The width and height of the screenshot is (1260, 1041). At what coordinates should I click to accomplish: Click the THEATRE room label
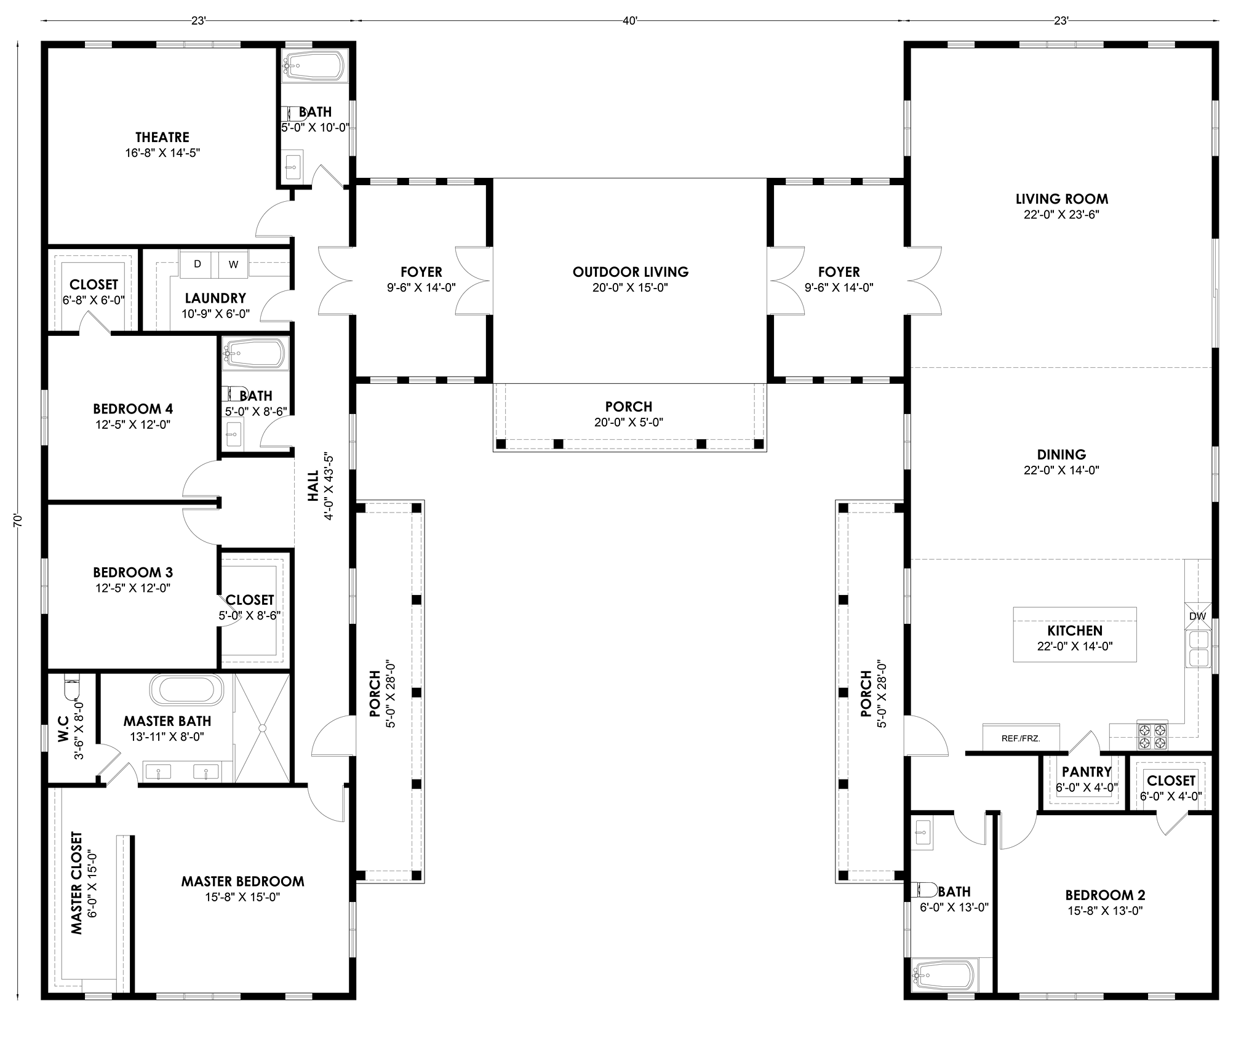point(162,137)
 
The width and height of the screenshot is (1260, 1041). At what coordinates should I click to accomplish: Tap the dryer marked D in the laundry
point(197,265)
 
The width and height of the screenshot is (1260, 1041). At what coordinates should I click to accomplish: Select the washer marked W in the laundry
point(233,265)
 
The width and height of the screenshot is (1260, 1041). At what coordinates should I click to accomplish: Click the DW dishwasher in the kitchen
point(1197,616)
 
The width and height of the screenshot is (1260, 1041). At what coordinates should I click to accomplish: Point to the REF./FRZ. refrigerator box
point(1021,738)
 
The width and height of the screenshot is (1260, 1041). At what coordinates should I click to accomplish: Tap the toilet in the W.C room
point(72,687)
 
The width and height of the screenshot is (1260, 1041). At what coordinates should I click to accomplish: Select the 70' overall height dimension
point(18,520)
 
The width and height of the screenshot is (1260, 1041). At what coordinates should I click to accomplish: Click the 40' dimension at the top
point(629,21)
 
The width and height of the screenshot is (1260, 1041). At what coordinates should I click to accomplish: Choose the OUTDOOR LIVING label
point(631,272)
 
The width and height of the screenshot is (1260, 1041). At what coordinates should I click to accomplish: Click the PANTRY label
point(1087,772)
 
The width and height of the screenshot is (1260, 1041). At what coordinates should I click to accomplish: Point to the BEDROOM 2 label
point(1105,895)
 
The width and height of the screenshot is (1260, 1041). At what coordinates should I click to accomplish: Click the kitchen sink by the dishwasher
point(1198,649)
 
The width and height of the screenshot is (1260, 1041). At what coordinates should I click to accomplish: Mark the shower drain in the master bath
point(262,728)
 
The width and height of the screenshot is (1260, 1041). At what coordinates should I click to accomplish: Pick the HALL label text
point(314,486)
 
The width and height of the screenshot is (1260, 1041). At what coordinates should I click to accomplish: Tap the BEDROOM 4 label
point(133,409)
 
